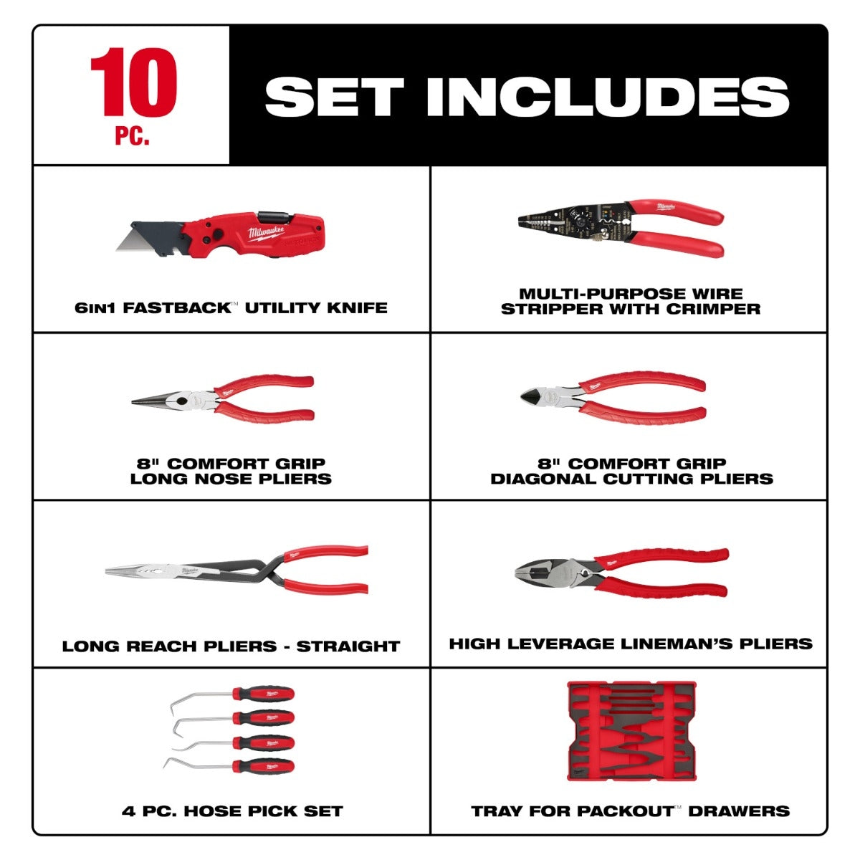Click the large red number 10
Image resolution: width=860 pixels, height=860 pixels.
[x=133, y=82]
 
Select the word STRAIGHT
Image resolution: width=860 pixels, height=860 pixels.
[x=348, y=646]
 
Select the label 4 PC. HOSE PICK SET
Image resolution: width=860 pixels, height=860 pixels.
[x=232, y=811]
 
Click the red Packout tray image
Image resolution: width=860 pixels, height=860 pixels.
[x=631, y=731]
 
